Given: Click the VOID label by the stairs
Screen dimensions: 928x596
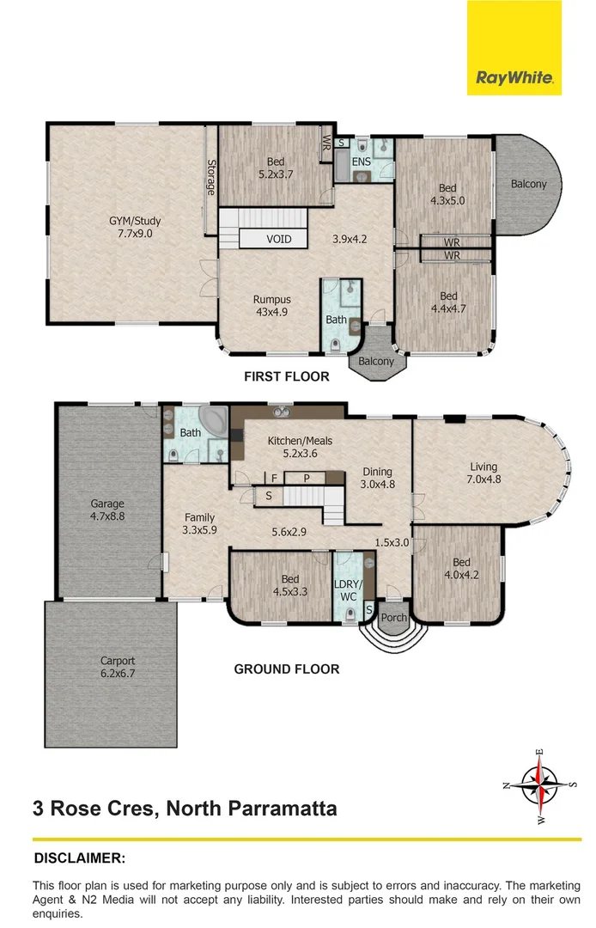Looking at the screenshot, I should pos(278,238).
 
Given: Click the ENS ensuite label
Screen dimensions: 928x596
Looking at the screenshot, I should pos(362,162).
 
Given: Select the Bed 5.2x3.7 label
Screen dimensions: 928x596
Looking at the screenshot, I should pos(275,167).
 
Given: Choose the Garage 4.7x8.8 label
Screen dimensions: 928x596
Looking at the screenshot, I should pos(108,510).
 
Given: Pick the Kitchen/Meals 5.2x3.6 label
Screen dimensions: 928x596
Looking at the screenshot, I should pos(300,447).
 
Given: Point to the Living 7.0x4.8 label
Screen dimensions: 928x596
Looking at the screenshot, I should pos(483,473).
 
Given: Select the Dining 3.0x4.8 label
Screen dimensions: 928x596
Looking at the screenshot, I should pos(377,477).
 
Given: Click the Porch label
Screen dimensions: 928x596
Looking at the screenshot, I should pos(393,618).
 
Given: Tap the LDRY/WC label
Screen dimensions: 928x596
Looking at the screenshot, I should pos(350,589).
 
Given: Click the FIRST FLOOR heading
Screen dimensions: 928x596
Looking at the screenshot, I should pos(287,376).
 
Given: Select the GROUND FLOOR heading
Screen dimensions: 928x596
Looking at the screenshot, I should pos(287,669).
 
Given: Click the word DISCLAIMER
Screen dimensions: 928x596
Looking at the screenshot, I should pos(80,858).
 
